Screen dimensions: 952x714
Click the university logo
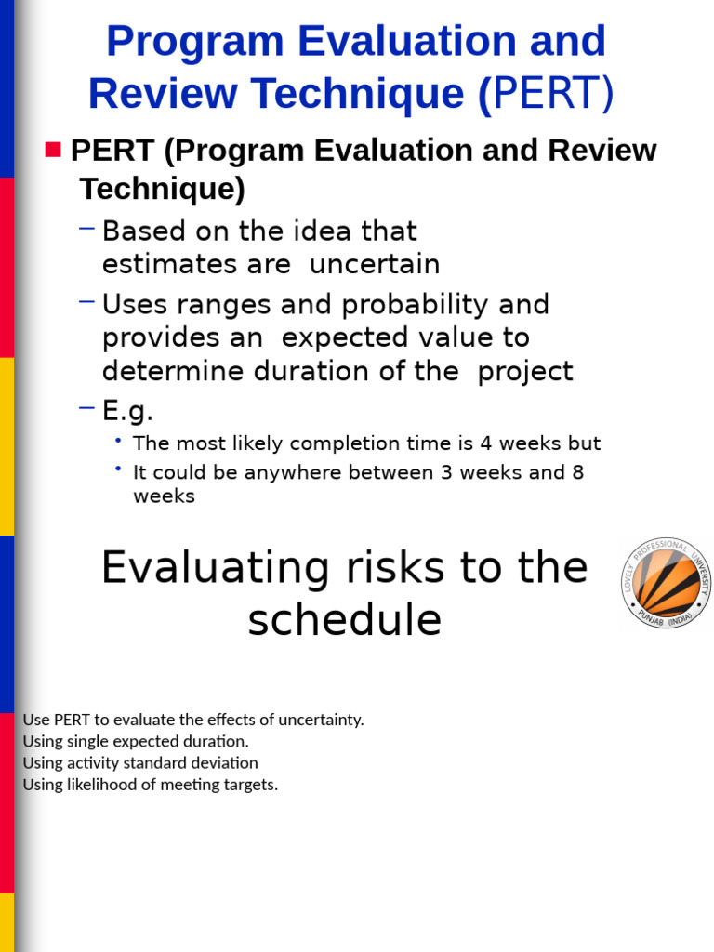pos(667,583)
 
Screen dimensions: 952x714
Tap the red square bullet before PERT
pos(52,150)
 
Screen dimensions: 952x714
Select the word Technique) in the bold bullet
pos(162,189)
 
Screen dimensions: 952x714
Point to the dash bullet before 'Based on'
pos(87,228)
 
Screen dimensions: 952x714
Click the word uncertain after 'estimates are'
pos(375,264)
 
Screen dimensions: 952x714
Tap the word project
pos(525,371)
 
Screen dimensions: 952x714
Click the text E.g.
pos(127,410)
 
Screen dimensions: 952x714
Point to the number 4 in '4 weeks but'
pos(485,443)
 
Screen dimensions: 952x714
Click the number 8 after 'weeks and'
pos(578,472)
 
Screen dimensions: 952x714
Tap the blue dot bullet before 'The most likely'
pos(119,441)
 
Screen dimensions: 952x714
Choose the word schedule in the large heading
pos(344,620)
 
